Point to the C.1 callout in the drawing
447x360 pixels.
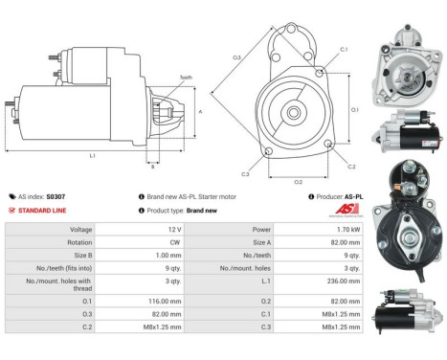point(343,48)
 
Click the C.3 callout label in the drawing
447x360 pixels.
point(246,174)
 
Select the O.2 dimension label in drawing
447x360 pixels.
point(298,181)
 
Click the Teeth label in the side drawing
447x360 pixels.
point(186,78)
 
